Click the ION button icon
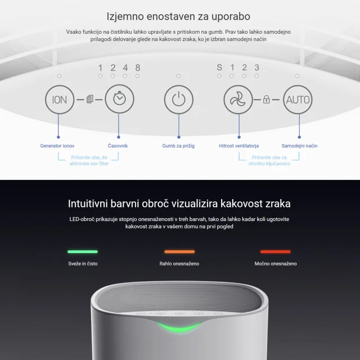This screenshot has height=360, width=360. [60, 100]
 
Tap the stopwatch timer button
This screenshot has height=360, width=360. [119, 99]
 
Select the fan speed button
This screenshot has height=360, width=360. [238, 100]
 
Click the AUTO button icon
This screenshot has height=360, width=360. [298, 100]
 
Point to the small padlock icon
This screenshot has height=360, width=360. [266, 100]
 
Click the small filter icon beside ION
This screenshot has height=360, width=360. [90, 99]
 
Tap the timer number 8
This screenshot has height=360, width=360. [137, 67]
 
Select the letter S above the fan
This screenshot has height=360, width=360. [219, 67]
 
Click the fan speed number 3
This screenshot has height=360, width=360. [256, 67]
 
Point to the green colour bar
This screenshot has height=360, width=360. [83, 251]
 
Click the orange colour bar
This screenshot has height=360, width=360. [179, 251]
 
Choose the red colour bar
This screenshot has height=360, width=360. [275, 251]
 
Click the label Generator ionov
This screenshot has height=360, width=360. [57, 146]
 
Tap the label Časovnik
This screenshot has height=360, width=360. [118, 146]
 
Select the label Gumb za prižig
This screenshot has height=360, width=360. [178, 146]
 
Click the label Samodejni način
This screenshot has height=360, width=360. [299, 146]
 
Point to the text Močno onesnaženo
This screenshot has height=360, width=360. [276, 264]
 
